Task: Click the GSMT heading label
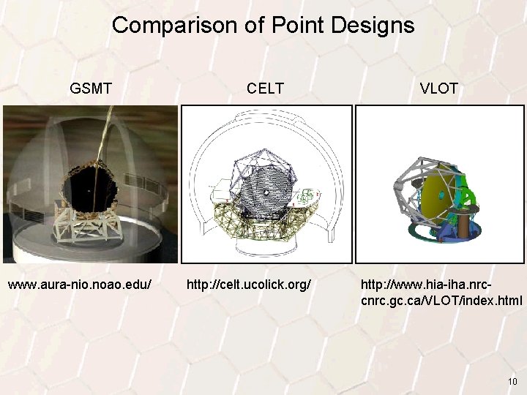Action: coord(91,89)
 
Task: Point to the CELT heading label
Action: coord(265,89)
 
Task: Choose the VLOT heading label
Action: coord(439,89)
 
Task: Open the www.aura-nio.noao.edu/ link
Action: coord(80,283)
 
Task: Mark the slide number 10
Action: coord(512,382)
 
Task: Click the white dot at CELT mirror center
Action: coord(268,193)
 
